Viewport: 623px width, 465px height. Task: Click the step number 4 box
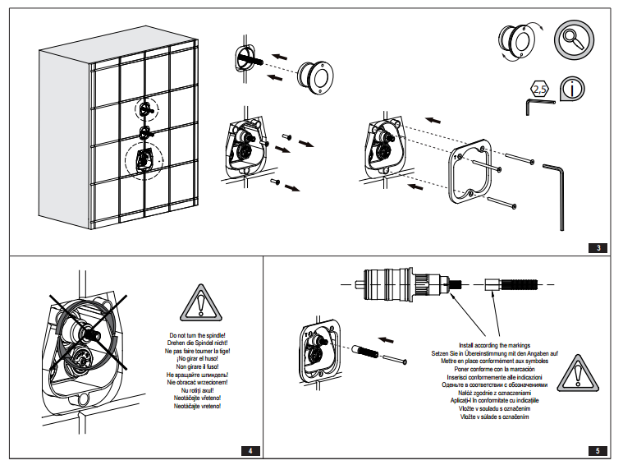tap(251, 450)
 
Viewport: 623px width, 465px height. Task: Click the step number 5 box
tap(599, 450)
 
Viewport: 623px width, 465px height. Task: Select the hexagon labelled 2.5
tap(539, 88)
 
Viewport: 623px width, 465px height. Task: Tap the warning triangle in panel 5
tap(578, 372)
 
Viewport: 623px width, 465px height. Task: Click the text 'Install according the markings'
tap(493, 345)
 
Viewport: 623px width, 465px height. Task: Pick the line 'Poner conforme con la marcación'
tap(493, 369)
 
